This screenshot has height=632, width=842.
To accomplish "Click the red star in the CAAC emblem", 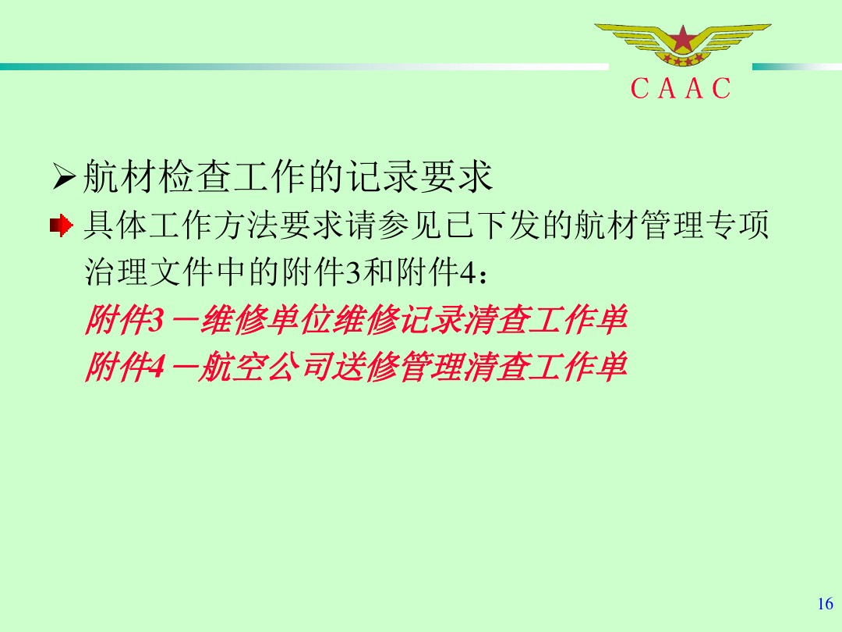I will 683,38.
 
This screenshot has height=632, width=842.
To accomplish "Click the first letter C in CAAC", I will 639,89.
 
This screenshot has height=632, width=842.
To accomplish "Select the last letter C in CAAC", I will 721,89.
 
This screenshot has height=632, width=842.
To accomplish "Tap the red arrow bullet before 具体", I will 61,226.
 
